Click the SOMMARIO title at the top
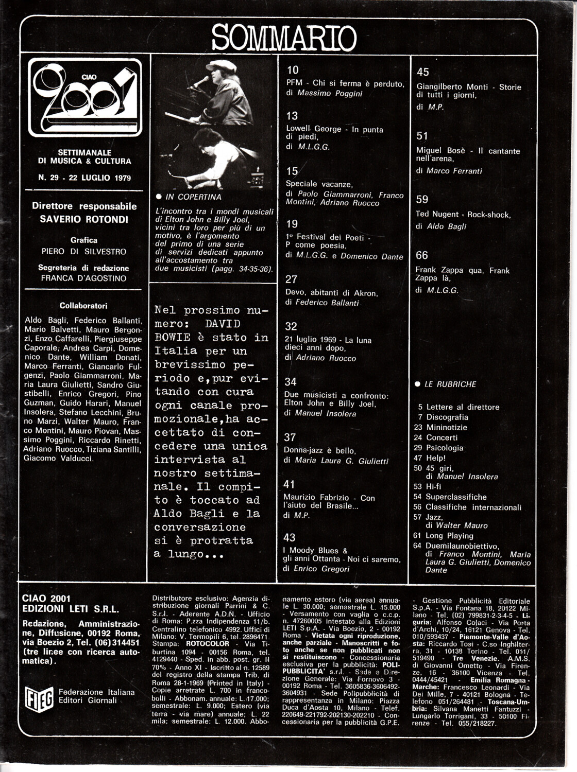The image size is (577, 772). [284, 37]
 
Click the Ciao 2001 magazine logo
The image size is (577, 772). [85, 97]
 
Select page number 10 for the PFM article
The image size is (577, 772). [293, 71]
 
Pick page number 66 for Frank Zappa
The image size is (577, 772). [422, 255]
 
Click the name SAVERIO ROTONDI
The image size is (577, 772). [84, 219]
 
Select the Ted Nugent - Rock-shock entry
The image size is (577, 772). [463, 215]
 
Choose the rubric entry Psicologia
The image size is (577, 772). [444, 448]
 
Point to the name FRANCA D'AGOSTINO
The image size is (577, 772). [83, 278]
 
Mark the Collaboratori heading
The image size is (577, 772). [83, 306]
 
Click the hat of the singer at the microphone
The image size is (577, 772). [222, 65]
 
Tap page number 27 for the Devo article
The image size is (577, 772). [291, 279]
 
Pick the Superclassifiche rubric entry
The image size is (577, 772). [456, 497]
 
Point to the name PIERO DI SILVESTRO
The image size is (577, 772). [84, 252]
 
